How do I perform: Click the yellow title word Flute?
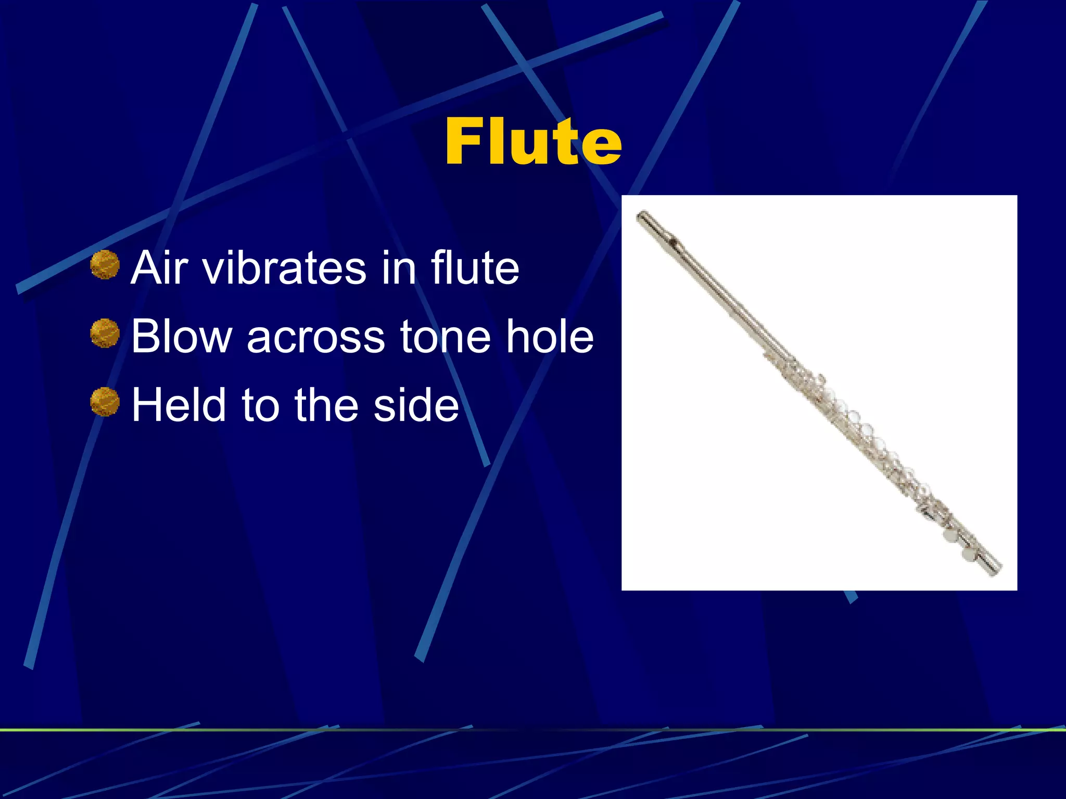pyautogui.click(x=533, y=141)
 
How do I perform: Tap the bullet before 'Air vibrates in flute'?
pyautogui.click(x=105, y=265)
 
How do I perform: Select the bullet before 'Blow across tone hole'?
pyautogui.click(x=105, y=333)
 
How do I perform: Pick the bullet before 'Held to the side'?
pyautogui.click(x=105, y=402)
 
